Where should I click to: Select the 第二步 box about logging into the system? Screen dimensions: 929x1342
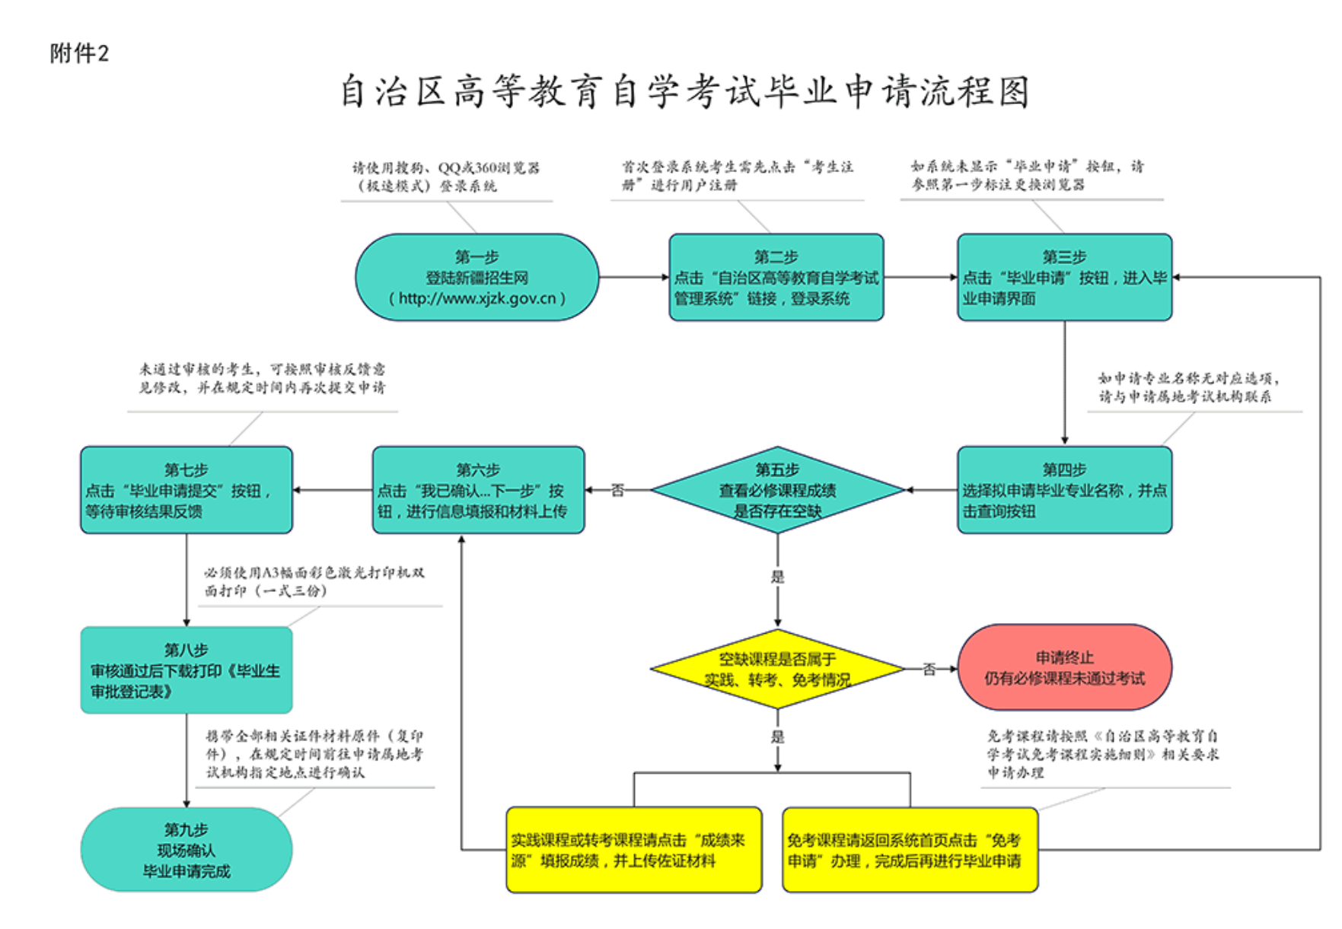[x=776, y=277]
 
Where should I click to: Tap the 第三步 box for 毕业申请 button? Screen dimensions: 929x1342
[x=1064, y=277]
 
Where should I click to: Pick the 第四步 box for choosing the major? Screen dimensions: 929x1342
[x=1064, y=490]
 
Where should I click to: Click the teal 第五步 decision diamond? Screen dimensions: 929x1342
[x=777, y=490]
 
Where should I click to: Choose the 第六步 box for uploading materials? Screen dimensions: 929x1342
[x=478, y=490]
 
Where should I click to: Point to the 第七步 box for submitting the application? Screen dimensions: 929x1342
[x=186, y=490]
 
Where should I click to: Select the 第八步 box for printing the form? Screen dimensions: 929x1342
[x=186, y=670]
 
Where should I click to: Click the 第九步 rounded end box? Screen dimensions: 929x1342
[x=186, y=850]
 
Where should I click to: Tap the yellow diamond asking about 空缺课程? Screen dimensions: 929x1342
[x=777, y=669]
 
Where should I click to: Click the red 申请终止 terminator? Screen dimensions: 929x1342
[x=1064, y=668]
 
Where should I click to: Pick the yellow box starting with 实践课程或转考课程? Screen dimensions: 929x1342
[x=634, y=850]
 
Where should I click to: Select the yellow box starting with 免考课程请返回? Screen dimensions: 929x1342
[x=910, y=850]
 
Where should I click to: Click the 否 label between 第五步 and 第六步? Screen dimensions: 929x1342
[x=617, y=491]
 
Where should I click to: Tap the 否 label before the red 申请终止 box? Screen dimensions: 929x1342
[x=929, y=670]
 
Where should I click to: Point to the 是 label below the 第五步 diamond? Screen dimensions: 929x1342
[x=777, y=577]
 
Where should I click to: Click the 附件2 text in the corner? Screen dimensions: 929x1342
[x=79, y=53]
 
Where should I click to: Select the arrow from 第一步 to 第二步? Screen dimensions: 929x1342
[x=633, y=277]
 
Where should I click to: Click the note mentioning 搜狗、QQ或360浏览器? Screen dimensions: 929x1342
[x=446, y=177]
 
